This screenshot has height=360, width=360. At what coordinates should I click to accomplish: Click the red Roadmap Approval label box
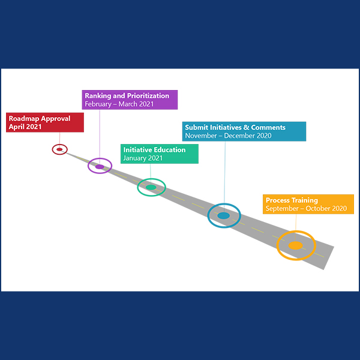[44, 122]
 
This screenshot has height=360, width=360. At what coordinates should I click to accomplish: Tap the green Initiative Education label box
[159, 154]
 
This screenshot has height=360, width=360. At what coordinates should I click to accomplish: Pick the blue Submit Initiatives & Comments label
[244, 131]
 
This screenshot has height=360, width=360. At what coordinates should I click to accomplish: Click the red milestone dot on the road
[59, 149]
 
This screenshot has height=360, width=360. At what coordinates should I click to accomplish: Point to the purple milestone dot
[100, 166]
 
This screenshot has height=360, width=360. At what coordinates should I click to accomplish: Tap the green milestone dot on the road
[151, 187]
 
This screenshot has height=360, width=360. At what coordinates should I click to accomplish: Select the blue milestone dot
[223, 215]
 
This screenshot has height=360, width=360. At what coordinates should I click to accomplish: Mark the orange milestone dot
[296, 245]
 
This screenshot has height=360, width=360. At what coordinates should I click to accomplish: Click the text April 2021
[26, 127]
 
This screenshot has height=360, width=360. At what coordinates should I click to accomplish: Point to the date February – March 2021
[119, 104]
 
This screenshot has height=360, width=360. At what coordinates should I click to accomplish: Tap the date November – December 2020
[228, 136]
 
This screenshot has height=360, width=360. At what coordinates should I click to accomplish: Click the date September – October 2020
[306, 209]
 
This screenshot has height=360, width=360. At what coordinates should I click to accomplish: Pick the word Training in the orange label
[305, 200]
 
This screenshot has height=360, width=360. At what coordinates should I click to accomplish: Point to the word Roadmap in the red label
[23, 118]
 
